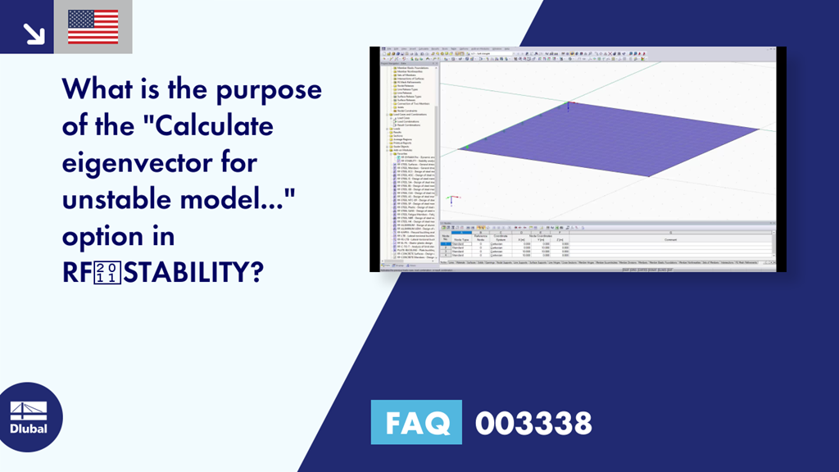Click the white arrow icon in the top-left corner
pyautogui.click(x=34, y=33)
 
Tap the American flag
pyautogui.click(x=93, y=27)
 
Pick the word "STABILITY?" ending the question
pyautogui.click(x=194, y=273)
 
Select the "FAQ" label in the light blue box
pyautogui.click(x=417, y=423)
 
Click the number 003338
pyautogui.click(x=533, y=423)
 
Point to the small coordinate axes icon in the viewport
pyautogui.click(x=449, y=199)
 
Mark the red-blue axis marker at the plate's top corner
pyautogui.click(x=571, y=103)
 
